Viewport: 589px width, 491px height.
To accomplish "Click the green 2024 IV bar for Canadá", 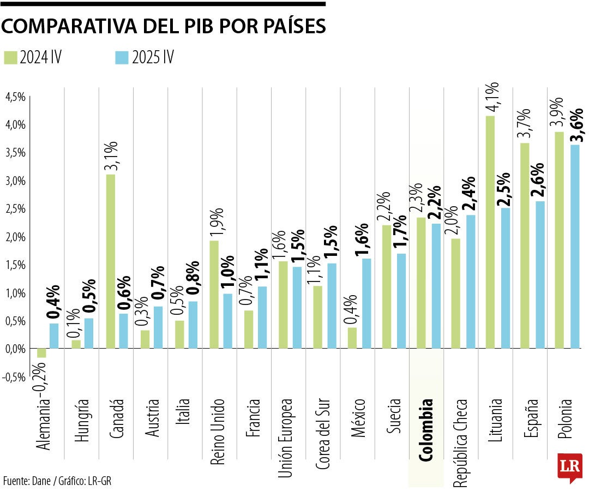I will (x=110, y=261).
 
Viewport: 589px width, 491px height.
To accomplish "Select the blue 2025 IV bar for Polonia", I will (x=575, y=246).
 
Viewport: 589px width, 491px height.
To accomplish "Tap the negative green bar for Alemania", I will (x=41, y=353).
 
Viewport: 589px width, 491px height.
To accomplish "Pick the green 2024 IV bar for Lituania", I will (x=490, y=232).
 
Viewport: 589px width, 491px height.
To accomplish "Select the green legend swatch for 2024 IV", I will (x=11, y=57).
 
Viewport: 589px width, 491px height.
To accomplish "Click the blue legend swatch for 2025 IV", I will (x=122, y=57).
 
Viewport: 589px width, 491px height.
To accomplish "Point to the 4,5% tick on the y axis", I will (x=15, y=97).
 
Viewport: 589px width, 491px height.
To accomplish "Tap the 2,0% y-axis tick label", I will (x=15, y=237).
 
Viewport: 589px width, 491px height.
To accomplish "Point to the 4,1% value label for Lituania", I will (x=491, y=96).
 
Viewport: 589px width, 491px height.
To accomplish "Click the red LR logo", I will (x=569, y=468).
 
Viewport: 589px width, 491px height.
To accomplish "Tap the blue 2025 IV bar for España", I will (x=540, y=274).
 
